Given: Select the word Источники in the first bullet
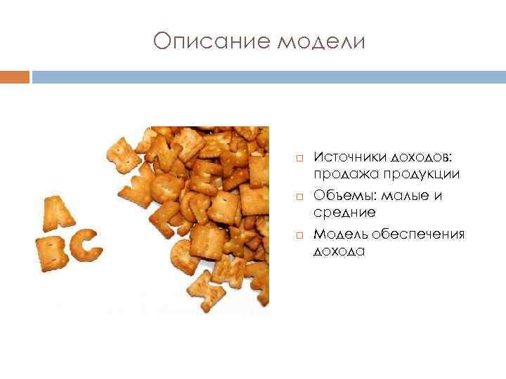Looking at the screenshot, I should pyautogui.click(x=346, y=156).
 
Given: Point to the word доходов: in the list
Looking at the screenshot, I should pyautogui.click(x=423, y=156).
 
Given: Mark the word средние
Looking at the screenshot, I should pyautogui.click(x=344, y=212).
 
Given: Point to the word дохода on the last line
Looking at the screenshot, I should pyautogui.click(x=339, y=251).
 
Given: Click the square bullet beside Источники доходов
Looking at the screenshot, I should pyautogui.click(x=298, y=157).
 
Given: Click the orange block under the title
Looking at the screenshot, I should pyautogui.click(x=15, y=76).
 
